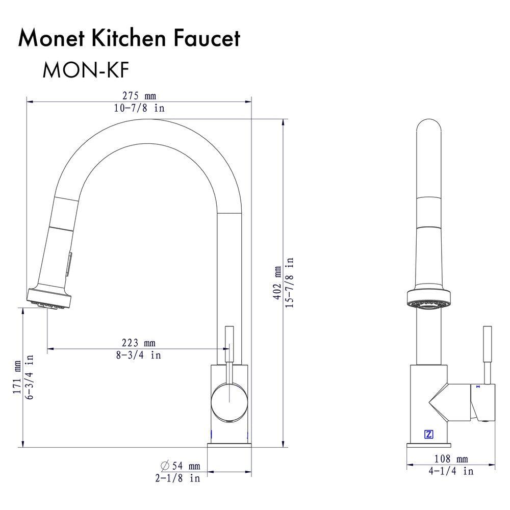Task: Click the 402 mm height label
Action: pos(277,283)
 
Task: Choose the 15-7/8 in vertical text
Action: pos(290,283)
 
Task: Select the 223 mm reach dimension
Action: pos(138,343)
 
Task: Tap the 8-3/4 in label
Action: pos(138,355)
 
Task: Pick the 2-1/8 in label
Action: pos(177,478)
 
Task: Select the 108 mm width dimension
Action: pos(451,459)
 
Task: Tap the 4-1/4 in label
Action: pos(451,471)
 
